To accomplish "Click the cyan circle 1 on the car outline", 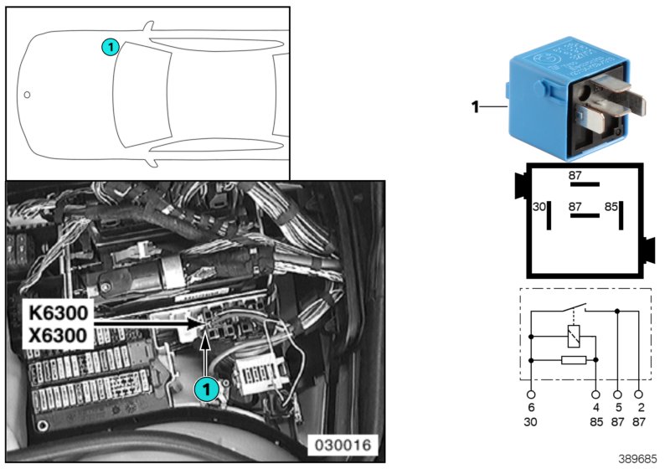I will tap(109, 48).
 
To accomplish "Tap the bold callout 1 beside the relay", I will tap(474, 106).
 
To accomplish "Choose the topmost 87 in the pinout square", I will tap(575, 175).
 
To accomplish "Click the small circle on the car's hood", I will tap(27, 95).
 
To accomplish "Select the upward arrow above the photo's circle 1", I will tap(204, 352).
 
